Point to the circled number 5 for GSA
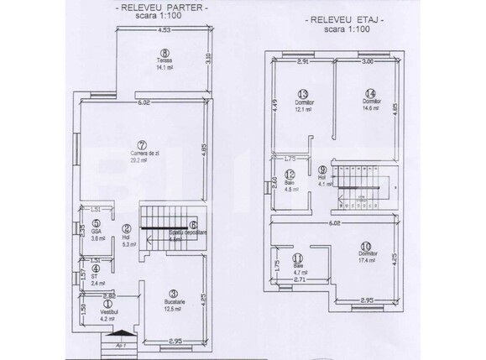pos(97,223)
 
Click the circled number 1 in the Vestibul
pos(107,303)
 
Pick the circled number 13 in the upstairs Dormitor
pos(303,93)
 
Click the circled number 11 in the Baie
pos(297,258)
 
